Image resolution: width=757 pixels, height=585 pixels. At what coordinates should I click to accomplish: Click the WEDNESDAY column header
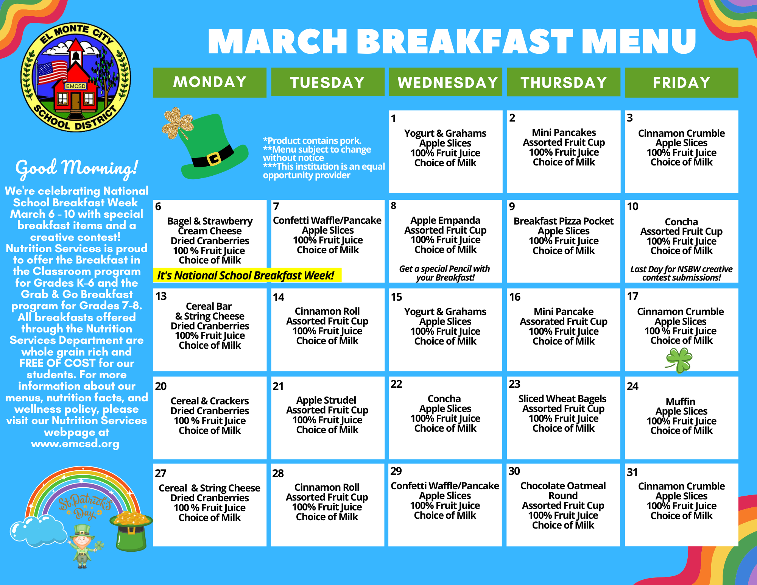tap(447, 83)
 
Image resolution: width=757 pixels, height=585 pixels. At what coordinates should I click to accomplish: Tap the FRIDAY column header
tap(681, 83)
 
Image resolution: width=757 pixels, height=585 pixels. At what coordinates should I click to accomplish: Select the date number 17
tap(632, 296)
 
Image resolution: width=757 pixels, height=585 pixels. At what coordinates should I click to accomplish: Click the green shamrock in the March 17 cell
tap(679, 360)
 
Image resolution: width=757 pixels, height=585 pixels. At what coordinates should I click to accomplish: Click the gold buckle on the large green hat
tap(214, 158)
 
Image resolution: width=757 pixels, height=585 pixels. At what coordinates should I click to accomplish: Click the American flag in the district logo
tap(52, 72)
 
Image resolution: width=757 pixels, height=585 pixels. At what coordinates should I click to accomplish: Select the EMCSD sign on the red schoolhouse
tap(76, 86)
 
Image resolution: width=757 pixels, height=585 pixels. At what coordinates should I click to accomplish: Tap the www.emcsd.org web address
tap(75, 443)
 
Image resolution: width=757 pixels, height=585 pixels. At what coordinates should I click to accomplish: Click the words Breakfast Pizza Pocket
tap(563, 221)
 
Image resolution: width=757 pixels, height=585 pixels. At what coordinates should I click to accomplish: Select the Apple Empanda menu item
tap(445, 220)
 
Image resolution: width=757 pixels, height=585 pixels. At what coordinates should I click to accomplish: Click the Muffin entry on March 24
tap(680, 401)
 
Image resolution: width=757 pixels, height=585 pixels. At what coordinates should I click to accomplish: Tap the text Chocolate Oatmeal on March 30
tap(563, 486)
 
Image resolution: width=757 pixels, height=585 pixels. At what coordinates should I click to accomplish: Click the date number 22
tap(396, 384)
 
